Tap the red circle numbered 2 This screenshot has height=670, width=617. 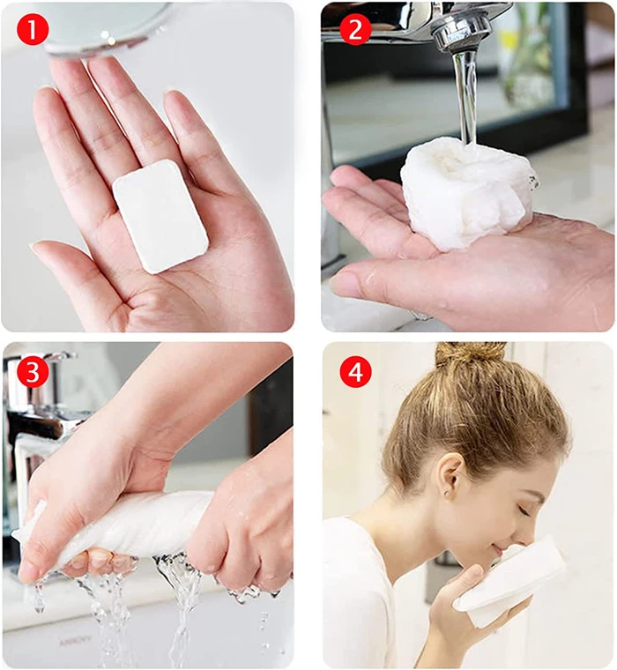(x=355, y=30)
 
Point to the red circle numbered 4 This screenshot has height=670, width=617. (x=355, y=372)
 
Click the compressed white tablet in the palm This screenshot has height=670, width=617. (x=160, y=215)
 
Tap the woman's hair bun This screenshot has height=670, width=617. (x=472, y=357)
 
